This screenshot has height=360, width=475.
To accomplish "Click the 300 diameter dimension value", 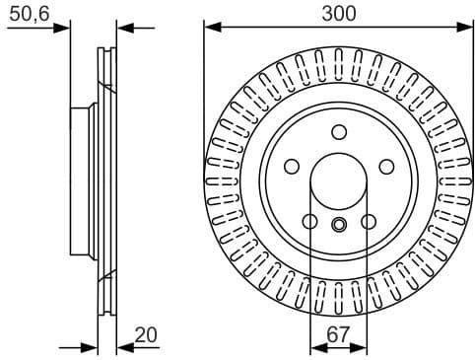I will click(x=338, y=13).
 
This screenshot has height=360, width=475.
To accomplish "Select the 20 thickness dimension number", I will click(x=145, y=334).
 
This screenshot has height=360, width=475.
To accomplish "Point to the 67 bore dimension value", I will click(x=338, y=334).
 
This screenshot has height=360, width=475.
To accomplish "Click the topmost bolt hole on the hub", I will click(x=339, y=132).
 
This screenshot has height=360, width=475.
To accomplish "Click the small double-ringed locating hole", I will click(x=339, y=225).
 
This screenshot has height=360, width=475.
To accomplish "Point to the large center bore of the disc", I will click(x=339, y=182).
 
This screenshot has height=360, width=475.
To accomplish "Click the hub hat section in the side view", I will click(x=83, y=183).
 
